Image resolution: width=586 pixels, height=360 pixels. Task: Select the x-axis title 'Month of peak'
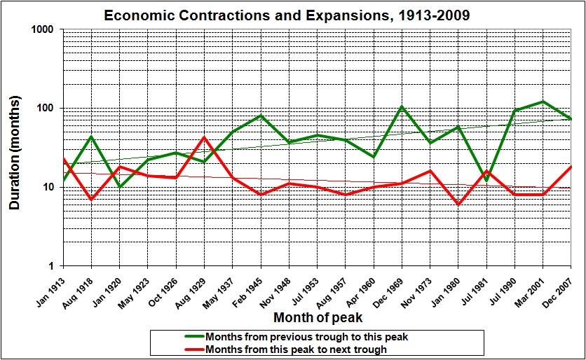313,318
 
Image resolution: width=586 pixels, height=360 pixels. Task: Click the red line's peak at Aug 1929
204,137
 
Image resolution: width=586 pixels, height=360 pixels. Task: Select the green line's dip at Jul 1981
486,181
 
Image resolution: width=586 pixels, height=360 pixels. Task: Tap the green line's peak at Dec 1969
402,106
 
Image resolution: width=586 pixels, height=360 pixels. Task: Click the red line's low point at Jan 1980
458,204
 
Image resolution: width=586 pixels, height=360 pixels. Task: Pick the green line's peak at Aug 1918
91,137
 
